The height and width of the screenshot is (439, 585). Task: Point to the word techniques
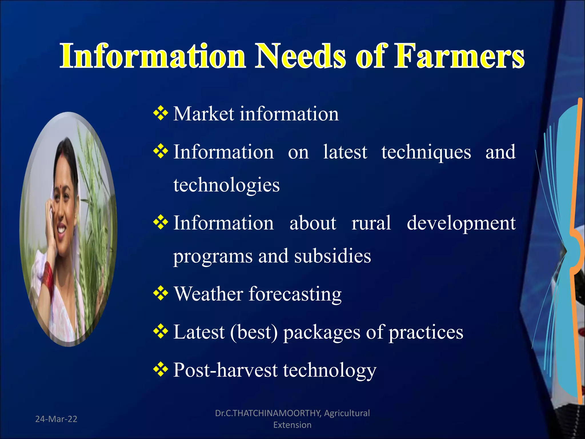(x=426, y=152)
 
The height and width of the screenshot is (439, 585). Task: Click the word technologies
(x=226, y=185)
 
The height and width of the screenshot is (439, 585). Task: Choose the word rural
(x=371, y=223)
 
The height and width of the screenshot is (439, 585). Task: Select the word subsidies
(x=332, y=256)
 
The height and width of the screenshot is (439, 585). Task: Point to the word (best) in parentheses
(x=254, y=332)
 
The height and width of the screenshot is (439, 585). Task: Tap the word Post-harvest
(x=225, y=370)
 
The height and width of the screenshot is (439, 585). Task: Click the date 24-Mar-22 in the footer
(x=56, y=419)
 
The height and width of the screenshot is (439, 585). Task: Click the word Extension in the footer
(x=292, y=425)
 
